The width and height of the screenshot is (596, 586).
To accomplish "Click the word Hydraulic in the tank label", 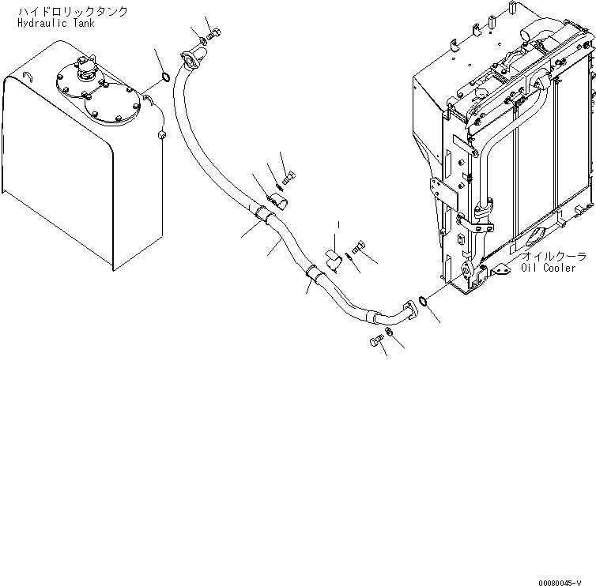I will (x=43, y=24).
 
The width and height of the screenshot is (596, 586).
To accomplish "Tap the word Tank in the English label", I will (x=85, y=24).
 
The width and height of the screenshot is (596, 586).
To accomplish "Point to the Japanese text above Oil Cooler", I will (x=553, y=257).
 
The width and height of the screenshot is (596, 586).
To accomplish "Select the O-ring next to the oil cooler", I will (x=424, y=300).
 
